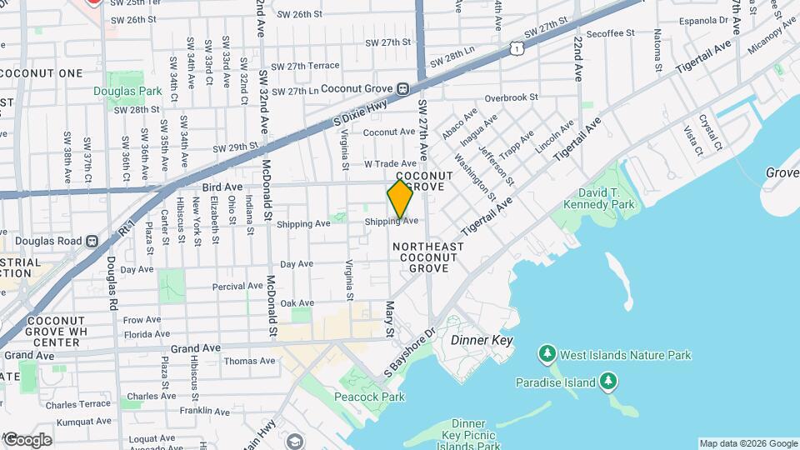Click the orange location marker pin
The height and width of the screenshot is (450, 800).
click(x=400, y=199)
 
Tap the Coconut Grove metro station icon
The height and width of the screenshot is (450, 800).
click(x=402, y=88)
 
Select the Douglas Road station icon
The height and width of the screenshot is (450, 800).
click(x=91, y=241)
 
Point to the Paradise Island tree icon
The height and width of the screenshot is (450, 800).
click(x=608, y=382)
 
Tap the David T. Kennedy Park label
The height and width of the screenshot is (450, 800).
click(x=611, y=198)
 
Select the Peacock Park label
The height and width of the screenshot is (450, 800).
click(x=371, y=397)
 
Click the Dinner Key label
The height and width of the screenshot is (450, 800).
click(x=482, y=341)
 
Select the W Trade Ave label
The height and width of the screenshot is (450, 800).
click(x=390, y=163)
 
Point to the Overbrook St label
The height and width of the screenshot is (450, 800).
click(x=512, y=97)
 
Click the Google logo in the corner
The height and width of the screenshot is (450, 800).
click(x=27, y=439)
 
